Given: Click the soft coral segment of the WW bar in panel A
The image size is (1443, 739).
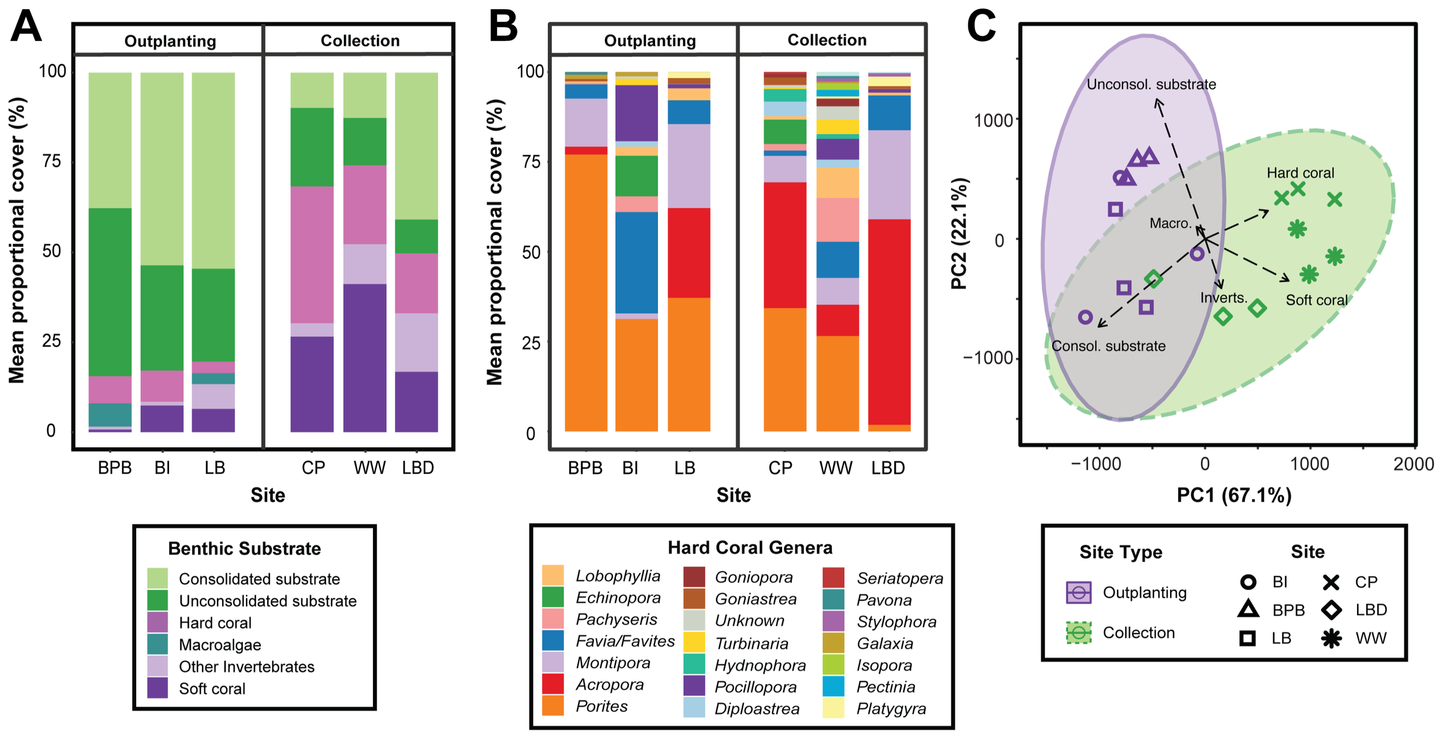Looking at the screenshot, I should click(x=364, y=357).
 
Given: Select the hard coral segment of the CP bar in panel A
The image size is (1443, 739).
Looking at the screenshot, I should click(x=312, y=254).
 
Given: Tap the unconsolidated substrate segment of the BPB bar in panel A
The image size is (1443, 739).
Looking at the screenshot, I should click(x=110, y=292).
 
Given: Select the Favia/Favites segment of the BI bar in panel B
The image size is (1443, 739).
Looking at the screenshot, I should click(x=636, y=262).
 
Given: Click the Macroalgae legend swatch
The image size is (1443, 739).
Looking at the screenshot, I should click(x=158, y=644).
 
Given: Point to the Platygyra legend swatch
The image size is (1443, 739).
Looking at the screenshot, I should click(x=833, y=708).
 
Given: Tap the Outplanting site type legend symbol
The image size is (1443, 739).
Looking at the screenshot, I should click(x=1078, y=592).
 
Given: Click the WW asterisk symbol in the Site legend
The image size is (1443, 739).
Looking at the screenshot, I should click(x=1331, y=638).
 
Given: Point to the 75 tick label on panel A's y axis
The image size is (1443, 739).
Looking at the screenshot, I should click(x=52, y=161).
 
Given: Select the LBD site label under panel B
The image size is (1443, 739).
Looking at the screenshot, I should click(x=888, y=468).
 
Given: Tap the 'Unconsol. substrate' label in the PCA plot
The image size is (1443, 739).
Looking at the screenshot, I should click(x=1151, y=84).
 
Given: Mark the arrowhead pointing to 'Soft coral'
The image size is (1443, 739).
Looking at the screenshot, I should click(x=1287, y=280).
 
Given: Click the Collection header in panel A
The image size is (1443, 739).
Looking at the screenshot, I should click(x=360, y=40).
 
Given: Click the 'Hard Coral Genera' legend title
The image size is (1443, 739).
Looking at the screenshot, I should click(x=750, y=547).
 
